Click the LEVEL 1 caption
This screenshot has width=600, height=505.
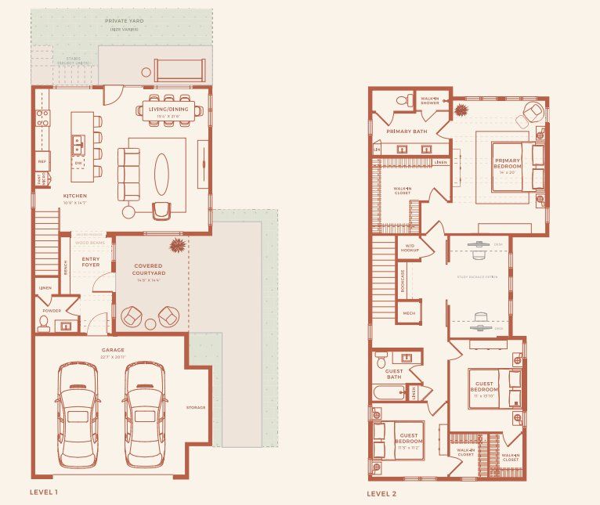[44, 492]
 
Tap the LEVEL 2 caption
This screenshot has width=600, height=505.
[382, 493]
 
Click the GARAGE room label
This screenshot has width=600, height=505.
[113, 350]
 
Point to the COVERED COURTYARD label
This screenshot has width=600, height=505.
[147, 269]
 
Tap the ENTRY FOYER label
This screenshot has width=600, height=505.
[91, 262]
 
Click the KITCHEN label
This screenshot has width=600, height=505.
[75, 196]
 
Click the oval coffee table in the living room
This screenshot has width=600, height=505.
[161, 172]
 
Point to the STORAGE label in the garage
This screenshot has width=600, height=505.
[196, 407]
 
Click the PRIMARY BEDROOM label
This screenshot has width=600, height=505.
[507, 164]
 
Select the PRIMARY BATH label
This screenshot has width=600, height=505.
[407, 132]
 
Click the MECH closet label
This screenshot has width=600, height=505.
[409, 312]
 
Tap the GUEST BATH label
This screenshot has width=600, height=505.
[393, 373]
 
